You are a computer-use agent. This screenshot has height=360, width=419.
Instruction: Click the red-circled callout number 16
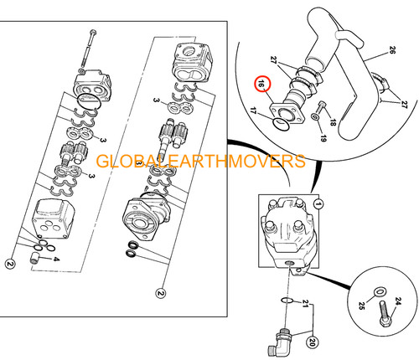point(262,84)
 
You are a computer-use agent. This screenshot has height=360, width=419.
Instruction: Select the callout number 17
point(253,111)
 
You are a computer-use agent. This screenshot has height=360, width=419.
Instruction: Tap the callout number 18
point(333,122)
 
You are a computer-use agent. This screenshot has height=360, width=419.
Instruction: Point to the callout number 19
point(323,138)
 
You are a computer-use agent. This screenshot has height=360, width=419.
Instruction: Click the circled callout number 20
point(313,342)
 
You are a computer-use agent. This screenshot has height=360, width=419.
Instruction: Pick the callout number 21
point(306,304)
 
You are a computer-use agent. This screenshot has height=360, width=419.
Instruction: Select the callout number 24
point(398,301)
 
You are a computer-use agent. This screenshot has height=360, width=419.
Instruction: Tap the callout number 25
point(361,306)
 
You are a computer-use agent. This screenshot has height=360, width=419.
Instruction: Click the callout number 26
point(392,50)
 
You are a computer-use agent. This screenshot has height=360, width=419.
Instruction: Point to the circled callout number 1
point(318,204)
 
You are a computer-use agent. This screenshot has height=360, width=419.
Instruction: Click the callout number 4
point(56,260)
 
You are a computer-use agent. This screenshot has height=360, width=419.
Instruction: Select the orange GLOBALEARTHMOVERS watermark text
point(200,161)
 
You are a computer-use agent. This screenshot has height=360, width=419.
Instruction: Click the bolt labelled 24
point(386,314)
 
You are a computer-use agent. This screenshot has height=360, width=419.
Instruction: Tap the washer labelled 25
point(380,291)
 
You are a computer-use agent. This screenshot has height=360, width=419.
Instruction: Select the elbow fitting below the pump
point(280,342)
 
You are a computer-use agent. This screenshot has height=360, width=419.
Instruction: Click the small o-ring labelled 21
point(287,301)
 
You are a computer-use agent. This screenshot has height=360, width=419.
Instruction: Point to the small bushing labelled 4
point(34,257)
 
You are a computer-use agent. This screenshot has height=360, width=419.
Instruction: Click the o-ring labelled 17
point(281,124)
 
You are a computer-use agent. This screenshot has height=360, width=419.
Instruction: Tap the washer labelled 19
point(314,116)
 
